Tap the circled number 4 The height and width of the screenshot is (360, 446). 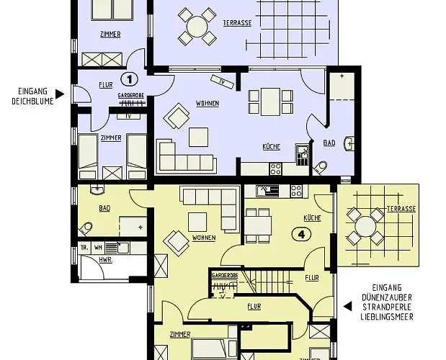point(300,233)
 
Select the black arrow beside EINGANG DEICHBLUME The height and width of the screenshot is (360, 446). point(58,93)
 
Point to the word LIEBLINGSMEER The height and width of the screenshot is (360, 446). point(389,316)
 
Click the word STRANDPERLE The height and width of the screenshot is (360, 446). point(389,306)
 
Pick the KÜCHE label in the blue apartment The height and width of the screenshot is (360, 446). point(272,146)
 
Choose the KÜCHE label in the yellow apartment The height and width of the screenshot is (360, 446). point(311,217)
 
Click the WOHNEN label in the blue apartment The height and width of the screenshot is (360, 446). point(208,104)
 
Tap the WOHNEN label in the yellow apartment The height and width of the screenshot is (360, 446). point(205,238)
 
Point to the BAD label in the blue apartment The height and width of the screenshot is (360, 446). point(329,143)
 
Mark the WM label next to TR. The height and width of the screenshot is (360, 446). point(98,246)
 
